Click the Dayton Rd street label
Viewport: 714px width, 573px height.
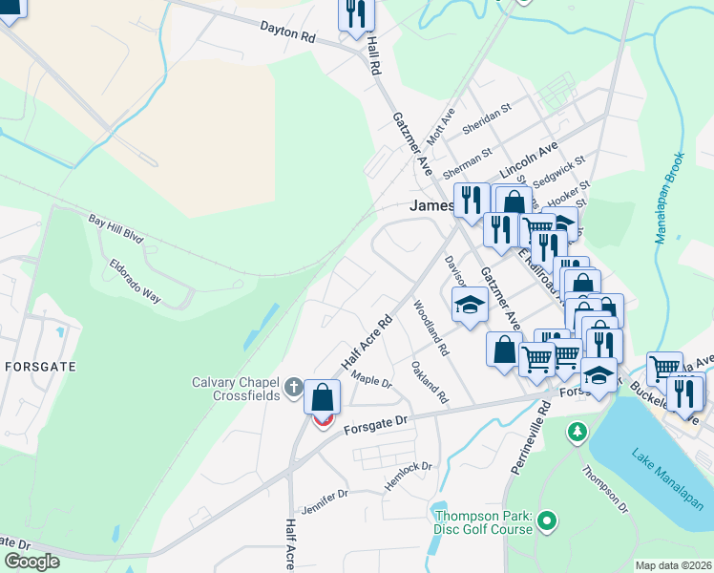[287, 33]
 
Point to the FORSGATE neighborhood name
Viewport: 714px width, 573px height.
[40, 366]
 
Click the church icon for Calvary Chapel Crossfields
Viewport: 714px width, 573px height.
[294, 390]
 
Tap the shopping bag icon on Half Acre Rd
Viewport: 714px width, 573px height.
[323, 396]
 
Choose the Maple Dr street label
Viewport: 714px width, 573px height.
[371, 380]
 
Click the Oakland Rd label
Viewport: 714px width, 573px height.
[429, 382]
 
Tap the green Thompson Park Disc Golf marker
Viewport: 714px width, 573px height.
[546, 521]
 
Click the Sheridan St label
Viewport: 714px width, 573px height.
[487, 118]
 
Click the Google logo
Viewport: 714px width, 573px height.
[31, 562]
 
